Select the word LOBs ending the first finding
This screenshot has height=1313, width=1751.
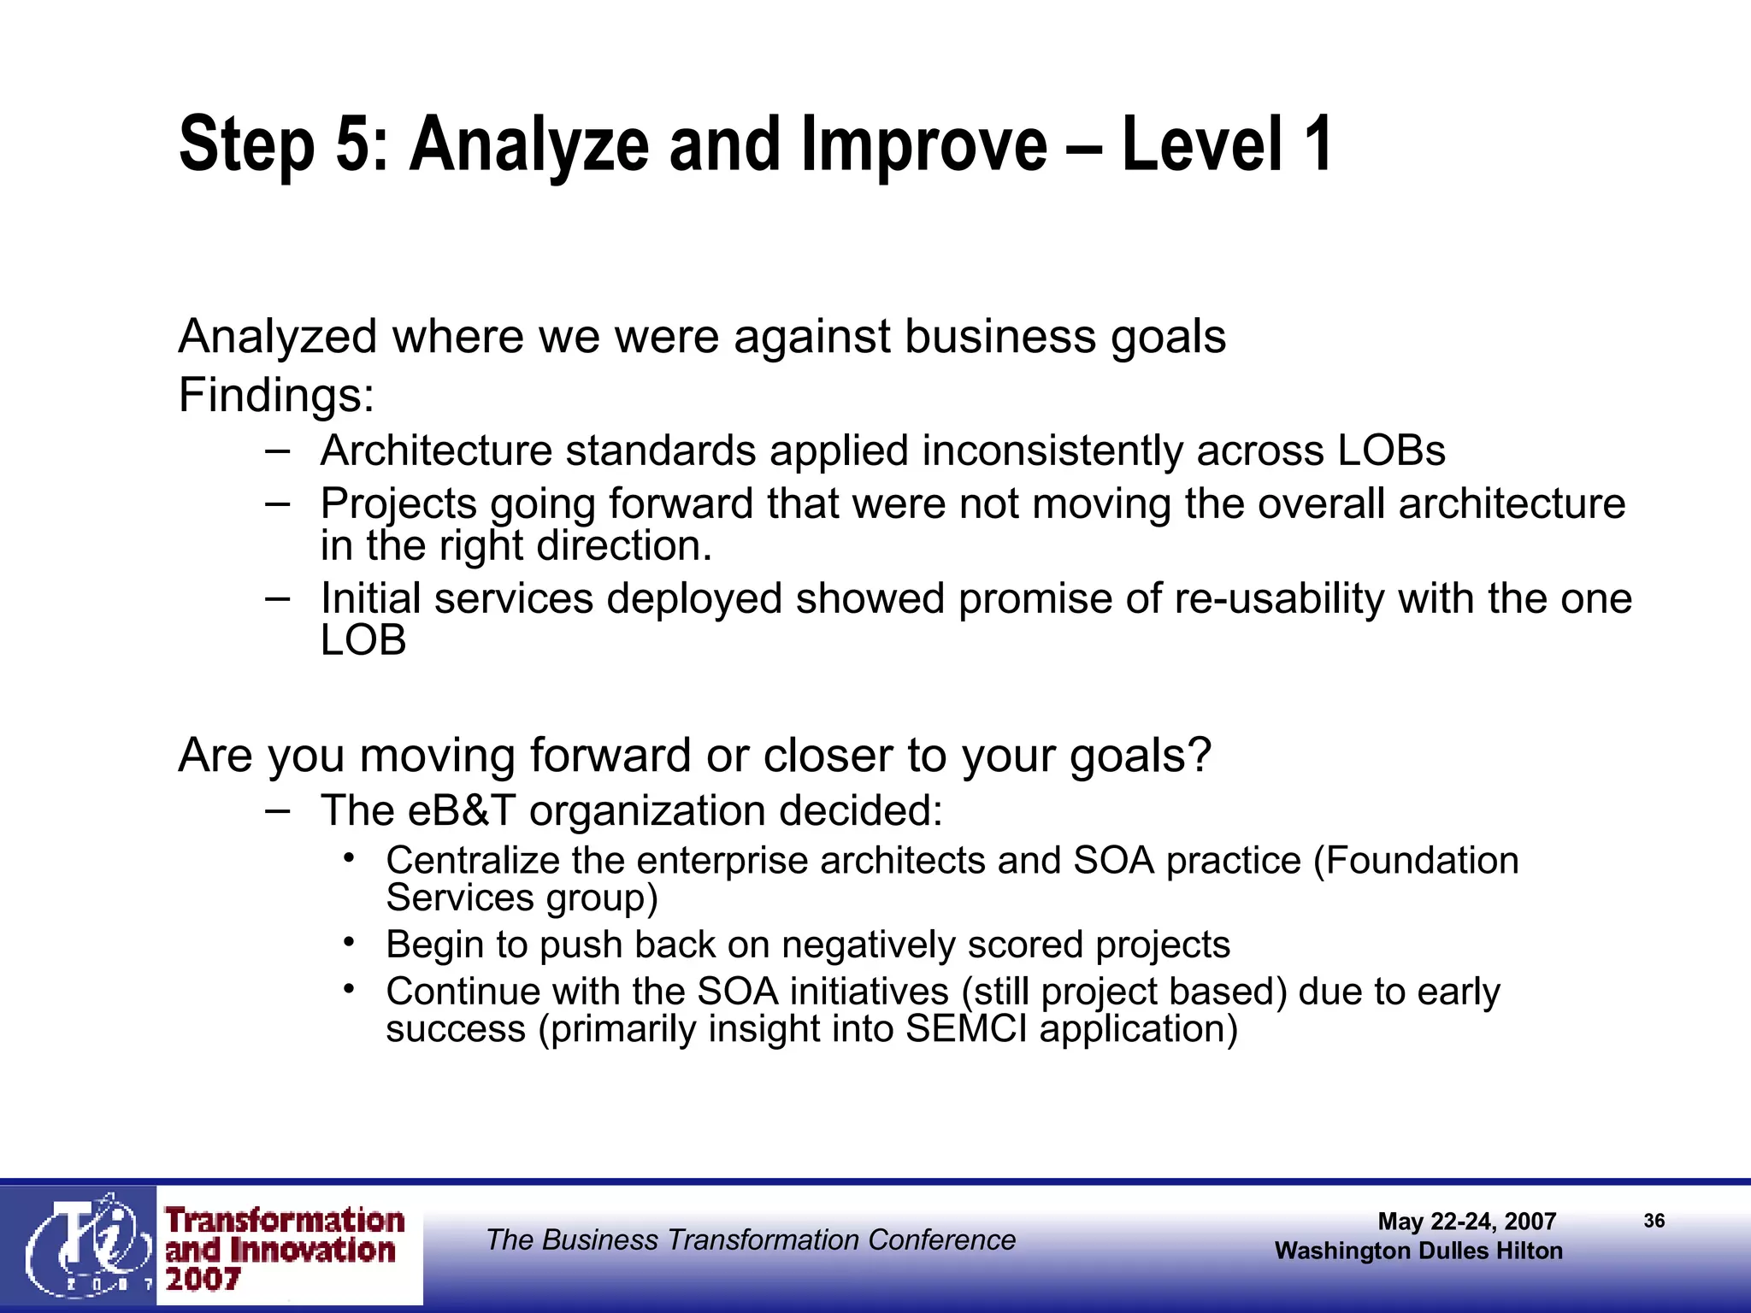point(1391,450)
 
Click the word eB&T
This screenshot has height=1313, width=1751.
point(462,810)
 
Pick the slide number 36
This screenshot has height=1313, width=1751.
point(1654,1221)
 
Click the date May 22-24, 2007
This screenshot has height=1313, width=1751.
point(1466,1222)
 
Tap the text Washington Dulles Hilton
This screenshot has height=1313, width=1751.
point(1418,1251)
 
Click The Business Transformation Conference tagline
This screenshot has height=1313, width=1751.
point(751,1239)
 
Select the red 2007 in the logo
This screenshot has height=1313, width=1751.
point(203,1280)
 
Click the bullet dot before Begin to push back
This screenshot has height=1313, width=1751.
point(349,942)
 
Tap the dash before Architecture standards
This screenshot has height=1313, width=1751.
point(277,450)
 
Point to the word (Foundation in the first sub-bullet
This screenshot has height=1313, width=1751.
point(1416,861)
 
